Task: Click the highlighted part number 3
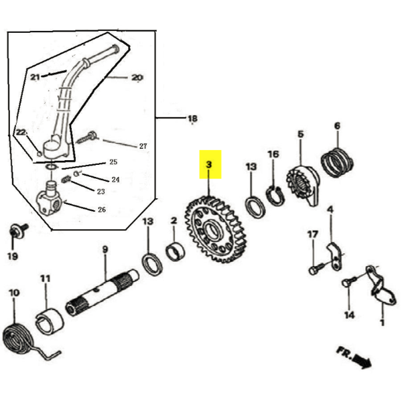[209, 164]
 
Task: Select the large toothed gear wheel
[216, 229]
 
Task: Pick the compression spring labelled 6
[337, 162]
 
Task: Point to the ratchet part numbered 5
[303, 186]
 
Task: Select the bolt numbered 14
[349, 281]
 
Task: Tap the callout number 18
[192, 119]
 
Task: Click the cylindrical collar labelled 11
[49, 322]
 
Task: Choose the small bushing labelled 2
[176, 251]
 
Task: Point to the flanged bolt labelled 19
[18, 230]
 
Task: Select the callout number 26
[102, 210]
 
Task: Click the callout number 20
[137, 77]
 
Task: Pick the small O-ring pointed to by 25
[52, 167]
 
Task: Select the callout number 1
[383, 322]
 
